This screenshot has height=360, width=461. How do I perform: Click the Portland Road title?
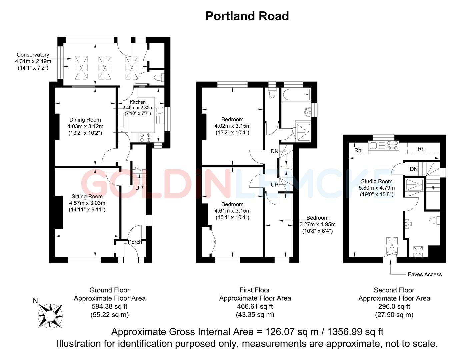[247, 16]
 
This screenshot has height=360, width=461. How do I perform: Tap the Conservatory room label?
[33, 55]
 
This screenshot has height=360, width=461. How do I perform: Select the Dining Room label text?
[85, 120]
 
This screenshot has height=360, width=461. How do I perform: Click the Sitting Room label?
[87, 197]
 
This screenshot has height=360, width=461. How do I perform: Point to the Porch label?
[135, 242]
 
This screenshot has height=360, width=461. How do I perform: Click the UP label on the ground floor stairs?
[139, 188]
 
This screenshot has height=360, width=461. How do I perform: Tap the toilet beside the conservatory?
[160, 77]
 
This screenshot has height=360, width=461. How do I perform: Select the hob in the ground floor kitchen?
[145, 138]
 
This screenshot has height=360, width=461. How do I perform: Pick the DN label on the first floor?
[274, 152]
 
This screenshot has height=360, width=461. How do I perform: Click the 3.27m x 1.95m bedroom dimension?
[317, 224]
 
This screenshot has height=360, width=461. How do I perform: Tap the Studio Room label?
[377, 182]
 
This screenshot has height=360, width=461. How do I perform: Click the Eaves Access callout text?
[424, 274]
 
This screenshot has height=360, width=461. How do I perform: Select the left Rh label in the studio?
[358, 151]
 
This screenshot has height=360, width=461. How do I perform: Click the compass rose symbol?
[50, 315]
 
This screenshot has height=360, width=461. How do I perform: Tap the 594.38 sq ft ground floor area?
[109, 306]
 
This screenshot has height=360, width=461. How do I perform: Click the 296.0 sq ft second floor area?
[394, 306]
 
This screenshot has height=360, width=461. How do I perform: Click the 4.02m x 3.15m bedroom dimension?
[232, 126]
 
